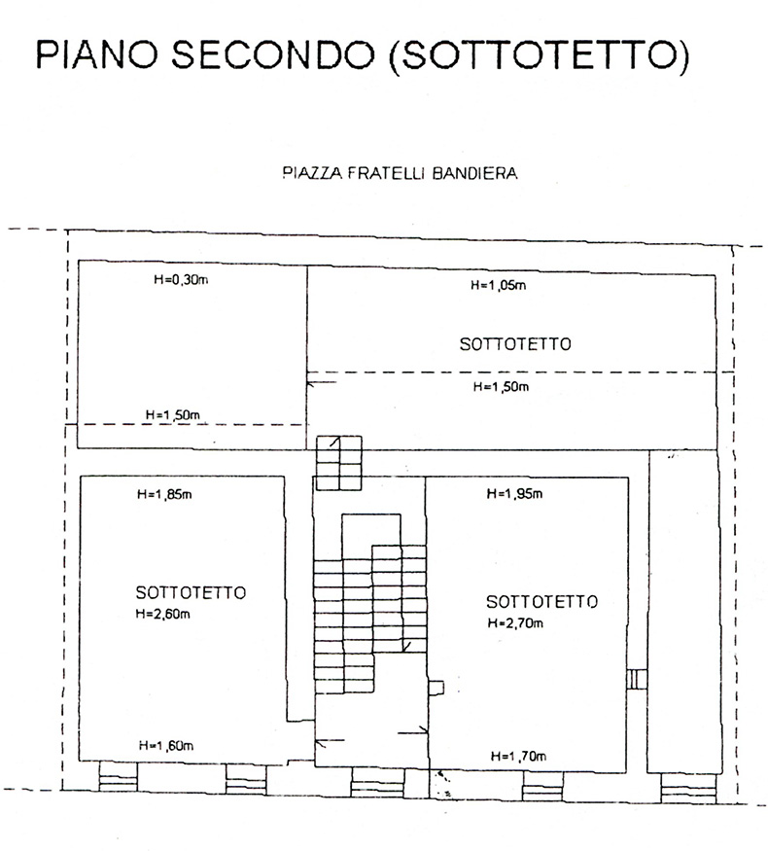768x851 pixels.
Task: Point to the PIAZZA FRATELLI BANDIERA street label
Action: point(399,176)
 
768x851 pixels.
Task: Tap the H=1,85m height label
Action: point(164,494)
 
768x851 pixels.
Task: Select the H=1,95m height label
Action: point(514,494)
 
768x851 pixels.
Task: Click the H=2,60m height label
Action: point(163,614)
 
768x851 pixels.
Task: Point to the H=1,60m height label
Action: point(166,746)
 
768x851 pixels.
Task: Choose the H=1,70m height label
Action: point(518,755)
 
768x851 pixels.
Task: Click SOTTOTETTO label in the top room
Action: point(514,343)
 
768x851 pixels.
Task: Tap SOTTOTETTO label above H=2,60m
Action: point(190,592)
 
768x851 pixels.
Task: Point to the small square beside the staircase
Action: point(436,688)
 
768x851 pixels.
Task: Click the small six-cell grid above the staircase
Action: point(339,462)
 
